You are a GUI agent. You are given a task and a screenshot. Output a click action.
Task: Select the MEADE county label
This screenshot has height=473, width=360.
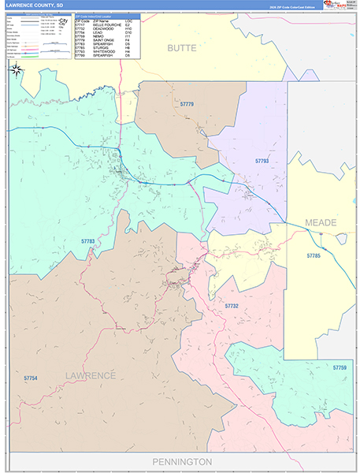(x=321, y=223)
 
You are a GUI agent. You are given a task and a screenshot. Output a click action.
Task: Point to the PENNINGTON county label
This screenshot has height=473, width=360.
(x=182, y=461)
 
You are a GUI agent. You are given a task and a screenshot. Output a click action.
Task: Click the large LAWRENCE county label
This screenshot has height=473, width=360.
(x=91, y=374)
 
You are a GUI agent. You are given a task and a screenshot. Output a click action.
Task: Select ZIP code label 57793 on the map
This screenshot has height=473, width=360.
(x=262, y=161)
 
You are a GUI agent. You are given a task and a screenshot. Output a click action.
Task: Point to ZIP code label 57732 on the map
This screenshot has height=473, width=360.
(x=231, y=305)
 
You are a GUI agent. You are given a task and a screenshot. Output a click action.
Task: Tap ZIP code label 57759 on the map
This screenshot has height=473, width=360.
(x=340, y=368)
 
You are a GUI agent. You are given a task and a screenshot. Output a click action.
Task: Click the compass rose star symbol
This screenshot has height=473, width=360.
(x=17, y=69)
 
